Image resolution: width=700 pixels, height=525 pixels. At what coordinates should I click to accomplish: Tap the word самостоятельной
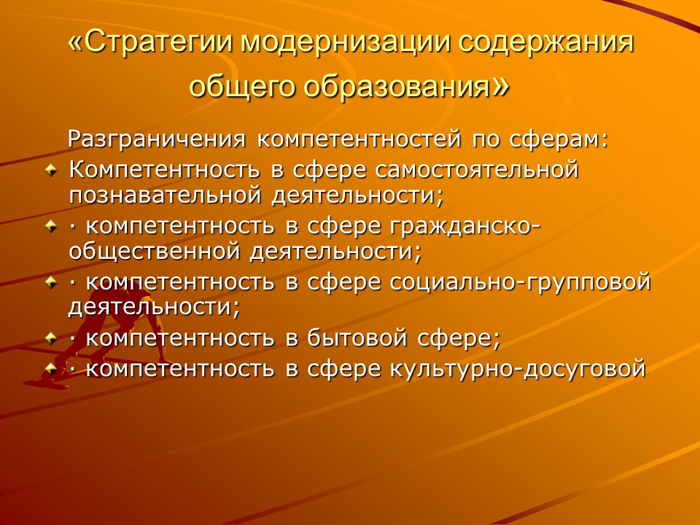(x=477, y=171)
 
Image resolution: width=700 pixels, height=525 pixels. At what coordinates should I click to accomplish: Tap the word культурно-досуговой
(x=518, y=368)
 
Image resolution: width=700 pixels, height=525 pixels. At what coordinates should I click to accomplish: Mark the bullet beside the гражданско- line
(x=50, y=227)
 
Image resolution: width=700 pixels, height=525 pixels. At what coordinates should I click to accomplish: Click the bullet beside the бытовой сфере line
(x=50, y=339)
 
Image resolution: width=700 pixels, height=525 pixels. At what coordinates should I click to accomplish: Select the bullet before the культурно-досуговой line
(x=50, y=369)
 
